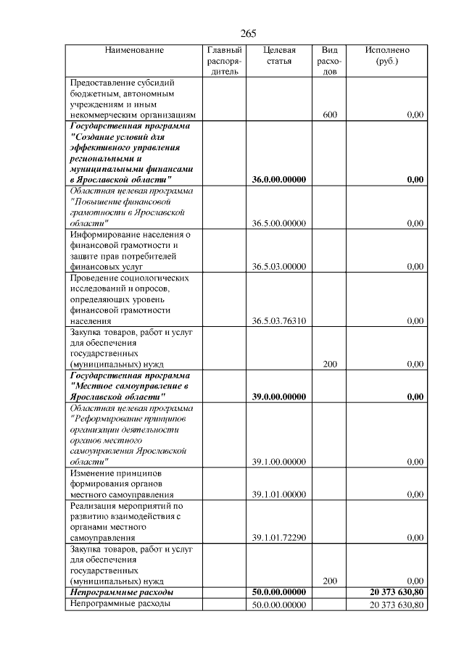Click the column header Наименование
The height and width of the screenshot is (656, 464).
(134, 50)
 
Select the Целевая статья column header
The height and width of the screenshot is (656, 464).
(279, 56)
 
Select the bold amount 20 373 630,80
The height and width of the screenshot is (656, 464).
(396, 592)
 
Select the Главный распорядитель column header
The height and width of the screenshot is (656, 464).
(224, 61)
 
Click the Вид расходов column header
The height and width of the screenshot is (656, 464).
(330, 61)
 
